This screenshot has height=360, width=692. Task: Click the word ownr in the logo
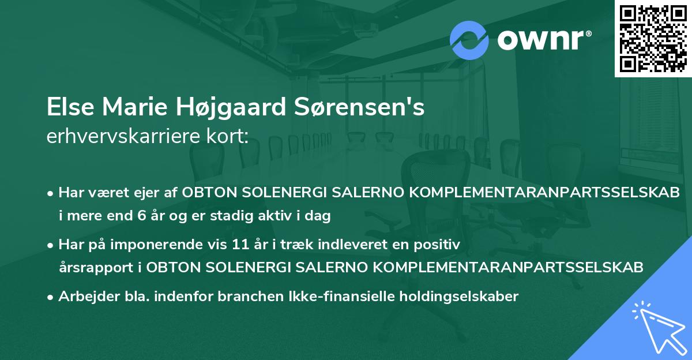pos(544,41)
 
